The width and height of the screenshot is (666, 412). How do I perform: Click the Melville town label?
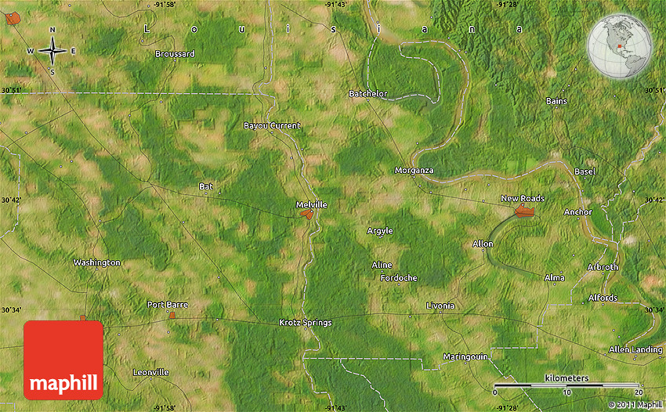click(x=311, y=204)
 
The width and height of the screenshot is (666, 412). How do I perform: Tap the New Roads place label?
click(x=523, y=199)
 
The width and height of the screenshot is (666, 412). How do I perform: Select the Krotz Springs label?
click(x=306, y=323)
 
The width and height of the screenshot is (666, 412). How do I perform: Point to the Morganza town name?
click(x=414, y=170)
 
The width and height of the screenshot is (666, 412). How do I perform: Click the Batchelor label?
click(x=368, y=94)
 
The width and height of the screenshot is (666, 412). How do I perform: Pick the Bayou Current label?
click(x=272, y=125)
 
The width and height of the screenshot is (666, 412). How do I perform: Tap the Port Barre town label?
click(x=168, y=304)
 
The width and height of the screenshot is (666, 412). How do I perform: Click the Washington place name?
click(x=96, y=262)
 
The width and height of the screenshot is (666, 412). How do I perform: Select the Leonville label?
click(x=150, y=372)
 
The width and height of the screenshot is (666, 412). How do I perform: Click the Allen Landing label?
click(x=635, y=349)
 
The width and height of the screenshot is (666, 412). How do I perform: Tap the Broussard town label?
click(x=175, y=54)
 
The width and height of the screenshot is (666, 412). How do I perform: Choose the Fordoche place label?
click(x=399, y=278)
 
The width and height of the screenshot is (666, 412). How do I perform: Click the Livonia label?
click(x=440, y=305)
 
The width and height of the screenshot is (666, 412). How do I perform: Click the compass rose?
click(x=52, y=51)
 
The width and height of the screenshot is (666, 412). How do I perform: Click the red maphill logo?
click(x=63, y=360)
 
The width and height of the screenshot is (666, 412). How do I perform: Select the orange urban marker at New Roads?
click(x=525, y=211)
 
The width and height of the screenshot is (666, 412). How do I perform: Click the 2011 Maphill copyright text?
click(x=635, y=405)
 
